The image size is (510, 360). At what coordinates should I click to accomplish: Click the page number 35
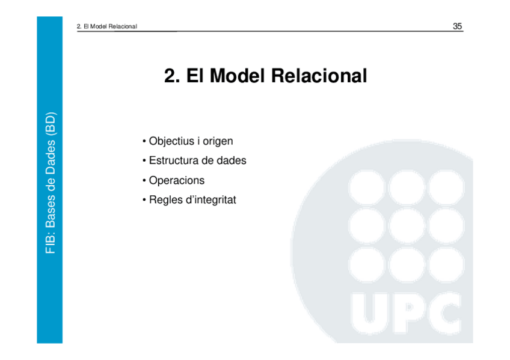[457, 26]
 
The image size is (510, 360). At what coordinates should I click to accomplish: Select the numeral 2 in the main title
[171, 76]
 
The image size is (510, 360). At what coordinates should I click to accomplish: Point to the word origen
[217, 141]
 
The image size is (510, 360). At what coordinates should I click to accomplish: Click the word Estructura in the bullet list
[174, 160]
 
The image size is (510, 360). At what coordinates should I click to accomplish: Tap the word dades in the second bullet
[232, 160]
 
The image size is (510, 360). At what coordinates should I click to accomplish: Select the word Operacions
[177, 180]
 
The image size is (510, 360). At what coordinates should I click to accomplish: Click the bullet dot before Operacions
[144, 180]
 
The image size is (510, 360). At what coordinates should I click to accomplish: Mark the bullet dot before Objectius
[144, 141]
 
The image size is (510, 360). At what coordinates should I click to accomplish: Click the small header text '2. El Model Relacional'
[108, 26]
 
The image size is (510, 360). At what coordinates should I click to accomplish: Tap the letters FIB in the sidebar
[51, 243]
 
